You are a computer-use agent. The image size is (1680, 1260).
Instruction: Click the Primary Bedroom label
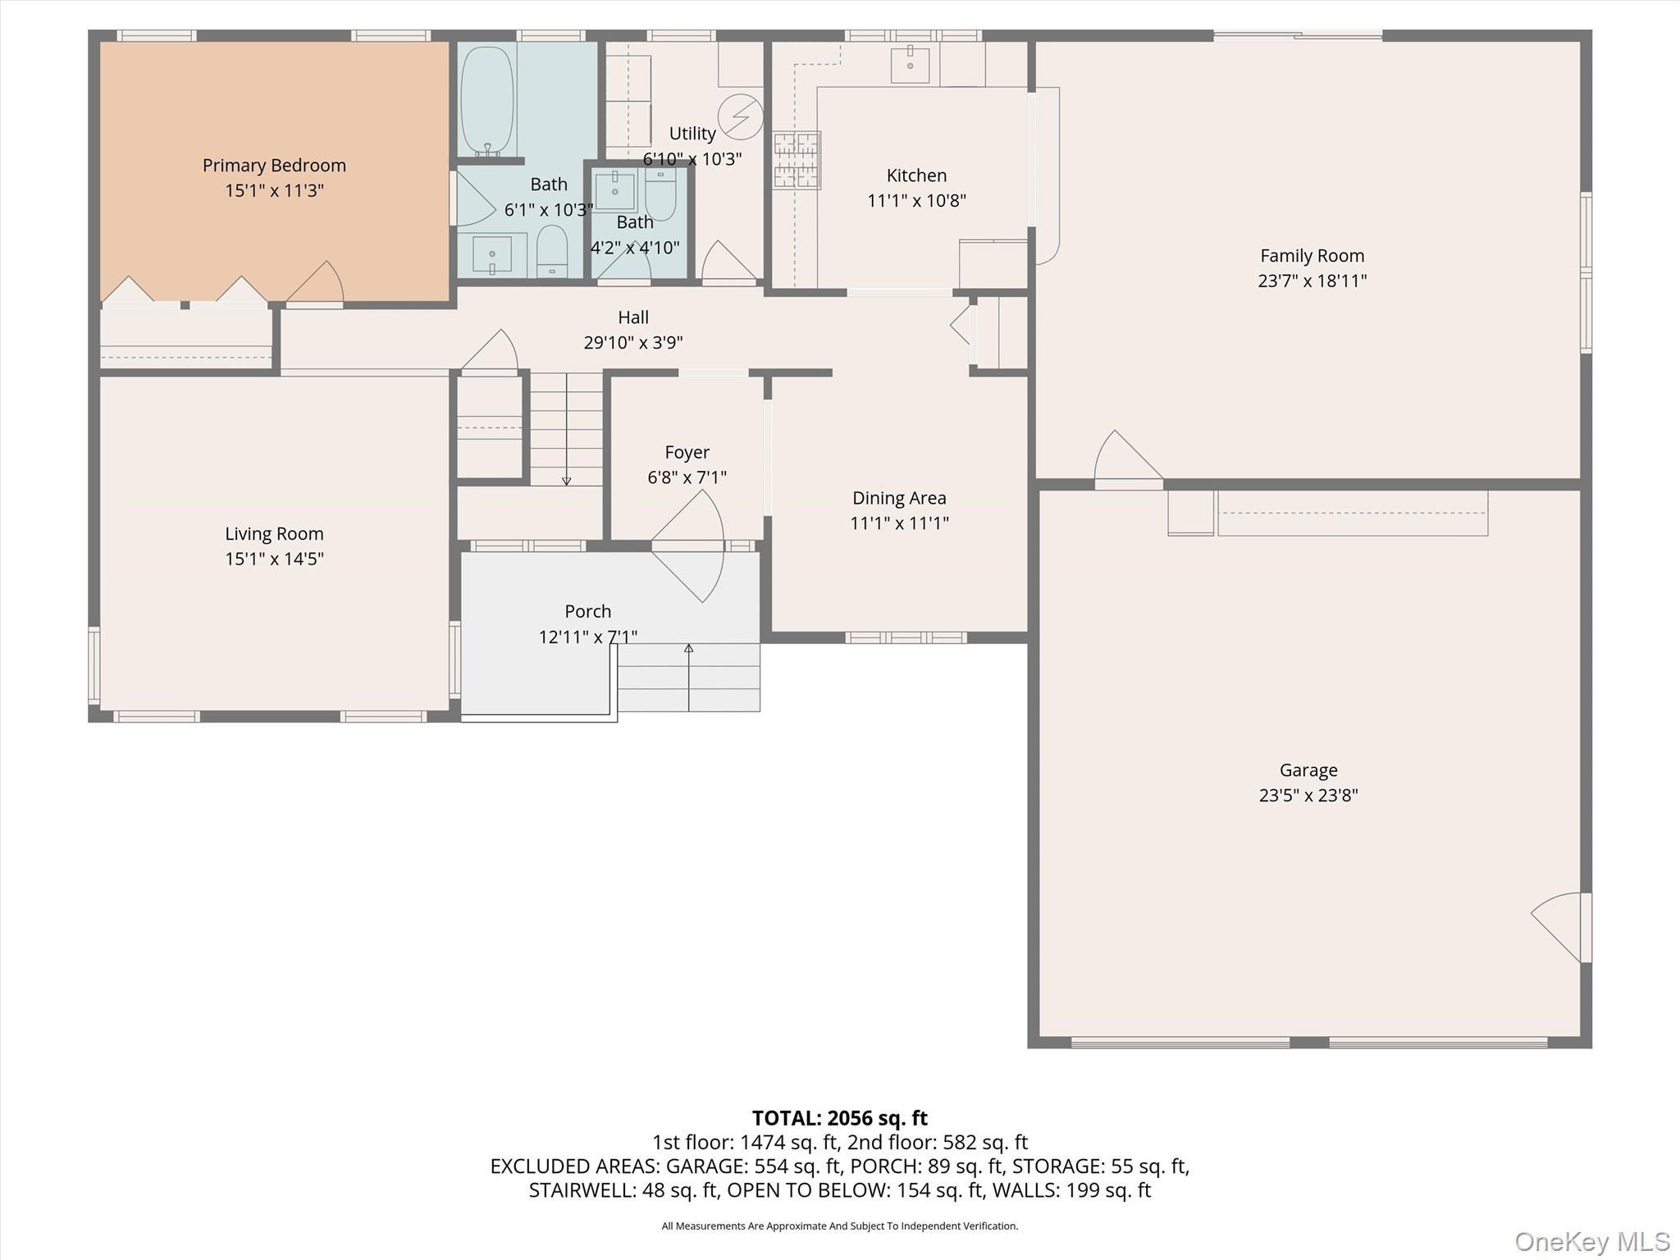(x=274, y=166)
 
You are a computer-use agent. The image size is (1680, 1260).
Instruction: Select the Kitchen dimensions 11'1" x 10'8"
(x=916, y=201)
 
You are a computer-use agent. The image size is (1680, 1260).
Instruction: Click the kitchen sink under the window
(x=911, y=65)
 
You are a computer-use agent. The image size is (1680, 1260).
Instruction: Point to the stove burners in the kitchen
(x=796, y=161)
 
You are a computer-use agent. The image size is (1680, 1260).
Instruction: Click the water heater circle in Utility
(x=740, y=117)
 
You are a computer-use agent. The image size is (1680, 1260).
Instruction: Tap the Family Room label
(x=1312, y=256)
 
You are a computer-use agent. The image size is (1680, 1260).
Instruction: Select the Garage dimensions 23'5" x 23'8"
(x=1308, y=796)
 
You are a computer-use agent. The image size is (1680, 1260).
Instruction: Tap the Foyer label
(x=687, y=452)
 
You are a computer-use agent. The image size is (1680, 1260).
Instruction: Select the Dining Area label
(x=899, y=498)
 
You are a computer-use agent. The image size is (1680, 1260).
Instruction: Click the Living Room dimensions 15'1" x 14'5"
(x=274, y=559)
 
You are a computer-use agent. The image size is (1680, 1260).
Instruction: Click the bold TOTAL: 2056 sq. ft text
(x=839, y=1118)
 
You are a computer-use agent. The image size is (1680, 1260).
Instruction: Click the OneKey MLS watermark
(x=1591, y=1241)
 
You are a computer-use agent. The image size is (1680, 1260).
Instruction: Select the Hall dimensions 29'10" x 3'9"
(x=632, y=343)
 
